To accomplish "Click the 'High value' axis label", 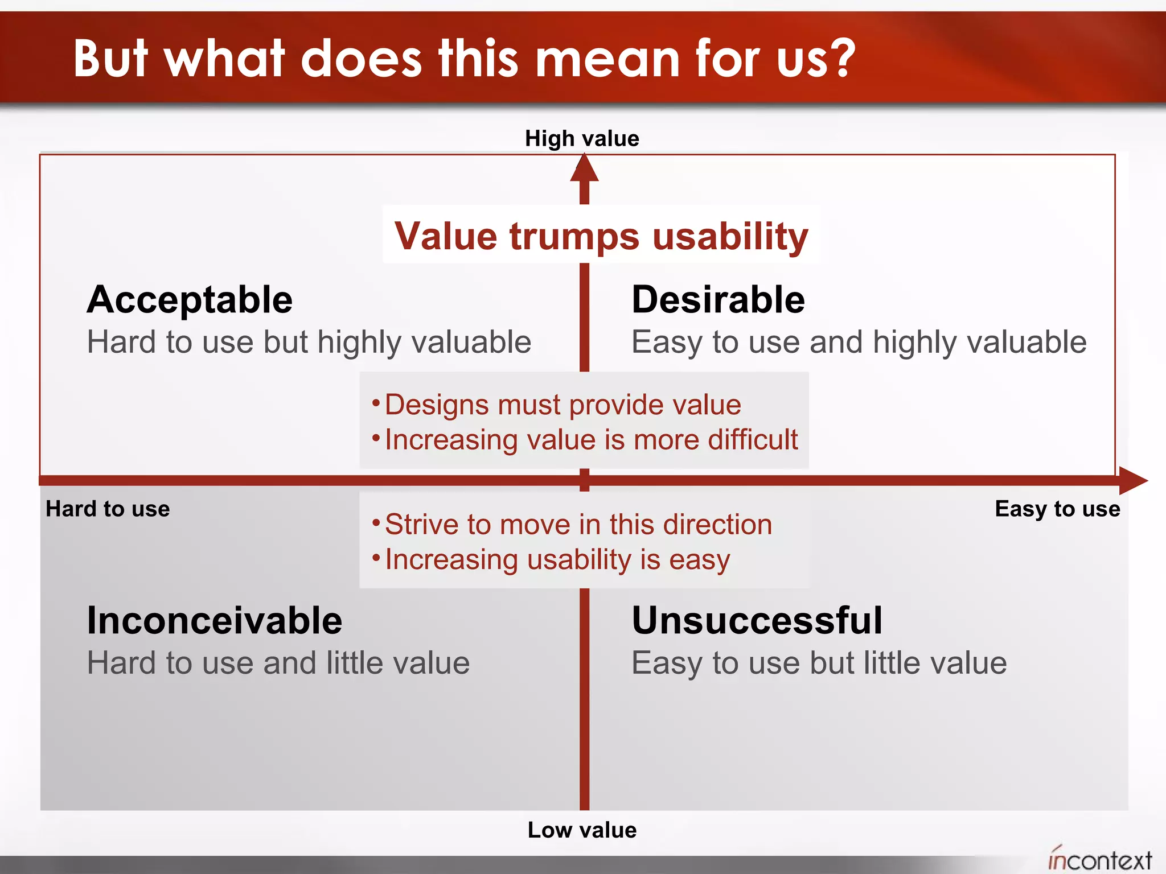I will [x=582, y=138].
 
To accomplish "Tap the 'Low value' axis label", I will [x=582, y=830].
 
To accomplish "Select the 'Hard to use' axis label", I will [x=108, y=509].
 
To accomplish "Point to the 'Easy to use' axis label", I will [x=1057, y=509].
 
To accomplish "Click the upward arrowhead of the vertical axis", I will [x=584, y=170].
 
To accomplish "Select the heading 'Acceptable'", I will [x=190, y=300].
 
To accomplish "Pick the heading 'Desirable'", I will [x=718, y=300].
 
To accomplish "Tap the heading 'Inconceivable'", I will [x=214, y=620].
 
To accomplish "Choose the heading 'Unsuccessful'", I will [x=757, y=620].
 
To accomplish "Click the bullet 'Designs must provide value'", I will [x=563, y=405].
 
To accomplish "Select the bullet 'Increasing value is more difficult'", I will [x=591, y=440].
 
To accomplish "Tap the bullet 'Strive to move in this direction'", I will [x=578, y=524].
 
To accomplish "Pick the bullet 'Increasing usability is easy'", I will [x=557, y=559].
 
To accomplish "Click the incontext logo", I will [x=1099, y=859].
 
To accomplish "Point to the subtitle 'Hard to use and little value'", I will [x=278, y=663].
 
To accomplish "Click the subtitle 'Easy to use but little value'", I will [x=819, y=663].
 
